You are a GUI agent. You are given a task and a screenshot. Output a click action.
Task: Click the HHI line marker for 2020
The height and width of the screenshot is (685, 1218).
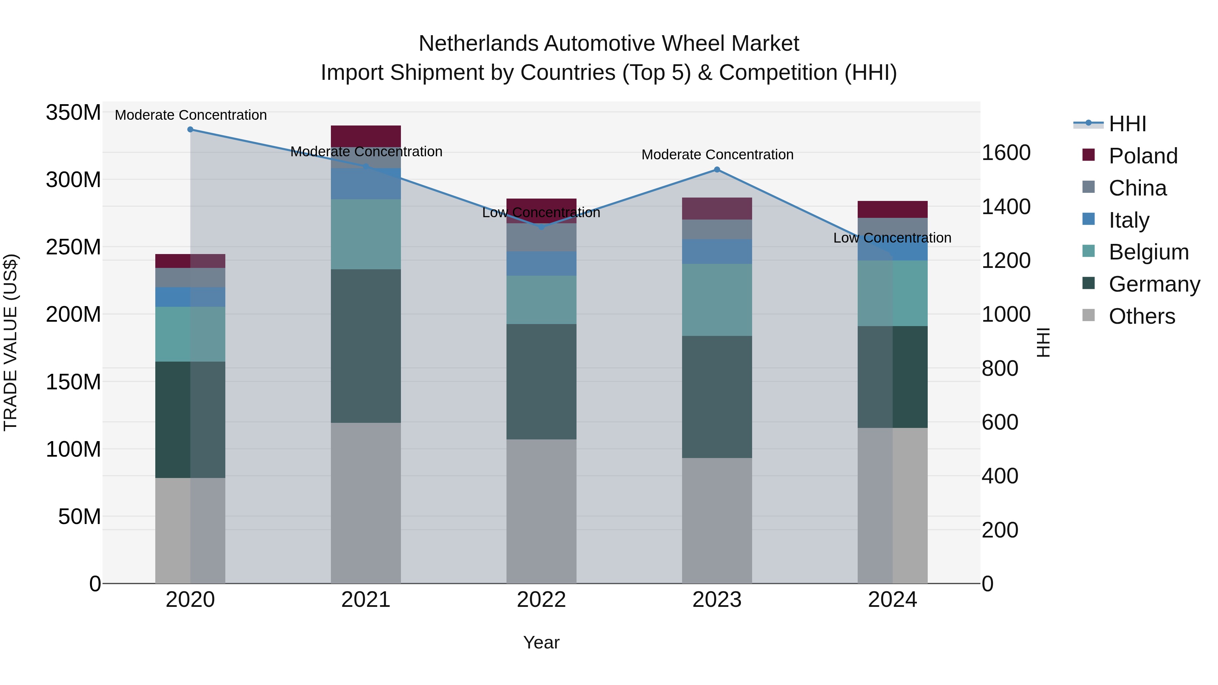190,130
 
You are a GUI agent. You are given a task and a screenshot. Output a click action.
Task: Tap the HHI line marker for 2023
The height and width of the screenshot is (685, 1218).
717,170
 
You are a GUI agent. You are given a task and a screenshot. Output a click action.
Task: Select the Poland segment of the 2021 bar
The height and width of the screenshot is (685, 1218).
365,136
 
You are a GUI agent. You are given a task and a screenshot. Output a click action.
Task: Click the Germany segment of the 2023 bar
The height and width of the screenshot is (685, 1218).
717,397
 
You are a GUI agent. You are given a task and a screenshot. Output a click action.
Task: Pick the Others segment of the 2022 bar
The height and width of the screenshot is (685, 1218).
541,511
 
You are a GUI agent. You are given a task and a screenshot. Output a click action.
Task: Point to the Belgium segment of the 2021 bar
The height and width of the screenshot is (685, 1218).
365,234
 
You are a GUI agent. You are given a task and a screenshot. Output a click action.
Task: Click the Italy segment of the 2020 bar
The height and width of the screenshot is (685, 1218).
190,297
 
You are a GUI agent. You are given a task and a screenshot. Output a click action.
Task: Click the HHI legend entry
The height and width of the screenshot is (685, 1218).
1127,124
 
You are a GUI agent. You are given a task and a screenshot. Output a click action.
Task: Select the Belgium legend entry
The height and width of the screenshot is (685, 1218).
1148,252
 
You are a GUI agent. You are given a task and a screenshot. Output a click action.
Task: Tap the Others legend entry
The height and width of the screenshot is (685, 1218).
1142,316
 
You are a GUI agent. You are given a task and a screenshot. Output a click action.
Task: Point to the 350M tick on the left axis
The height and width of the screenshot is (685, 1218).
73,113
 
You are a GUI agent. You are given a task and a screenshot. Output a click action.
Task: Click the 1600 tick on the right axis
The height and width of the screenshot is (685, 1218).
1006,153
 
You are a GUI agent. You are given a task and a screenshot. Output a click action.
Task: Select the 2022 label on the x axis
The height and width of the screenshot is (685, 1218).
541,600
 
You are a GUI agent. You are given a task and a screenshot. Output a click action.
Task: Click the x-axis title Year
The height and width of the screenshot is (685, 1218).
541,642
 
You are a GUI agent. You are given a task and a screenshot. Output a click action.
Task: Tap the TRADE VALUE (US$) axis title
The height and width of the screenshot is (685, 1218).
10,342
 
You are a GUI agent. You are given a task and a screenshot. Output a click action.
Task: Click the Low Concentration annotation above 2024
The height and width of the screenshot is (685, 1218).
892,238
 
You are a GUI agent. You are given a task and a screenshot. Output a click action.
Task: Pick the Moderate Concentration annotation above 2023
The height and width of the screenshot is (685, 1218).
717,155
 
